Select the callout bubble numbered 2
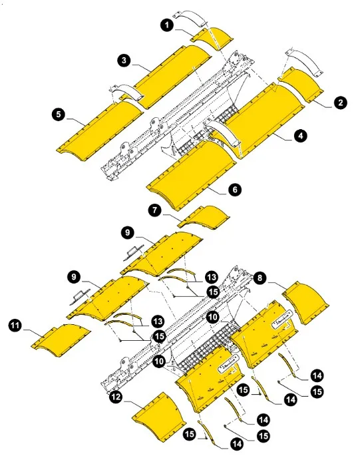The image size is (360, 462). pyautogui.click(x=340, y=103)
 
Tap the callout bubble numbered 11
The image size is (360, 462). pyautogui.click(x=14, y=326)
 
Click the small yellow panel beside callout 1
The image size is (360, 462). pyautogui.click(x=208, y=37)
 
